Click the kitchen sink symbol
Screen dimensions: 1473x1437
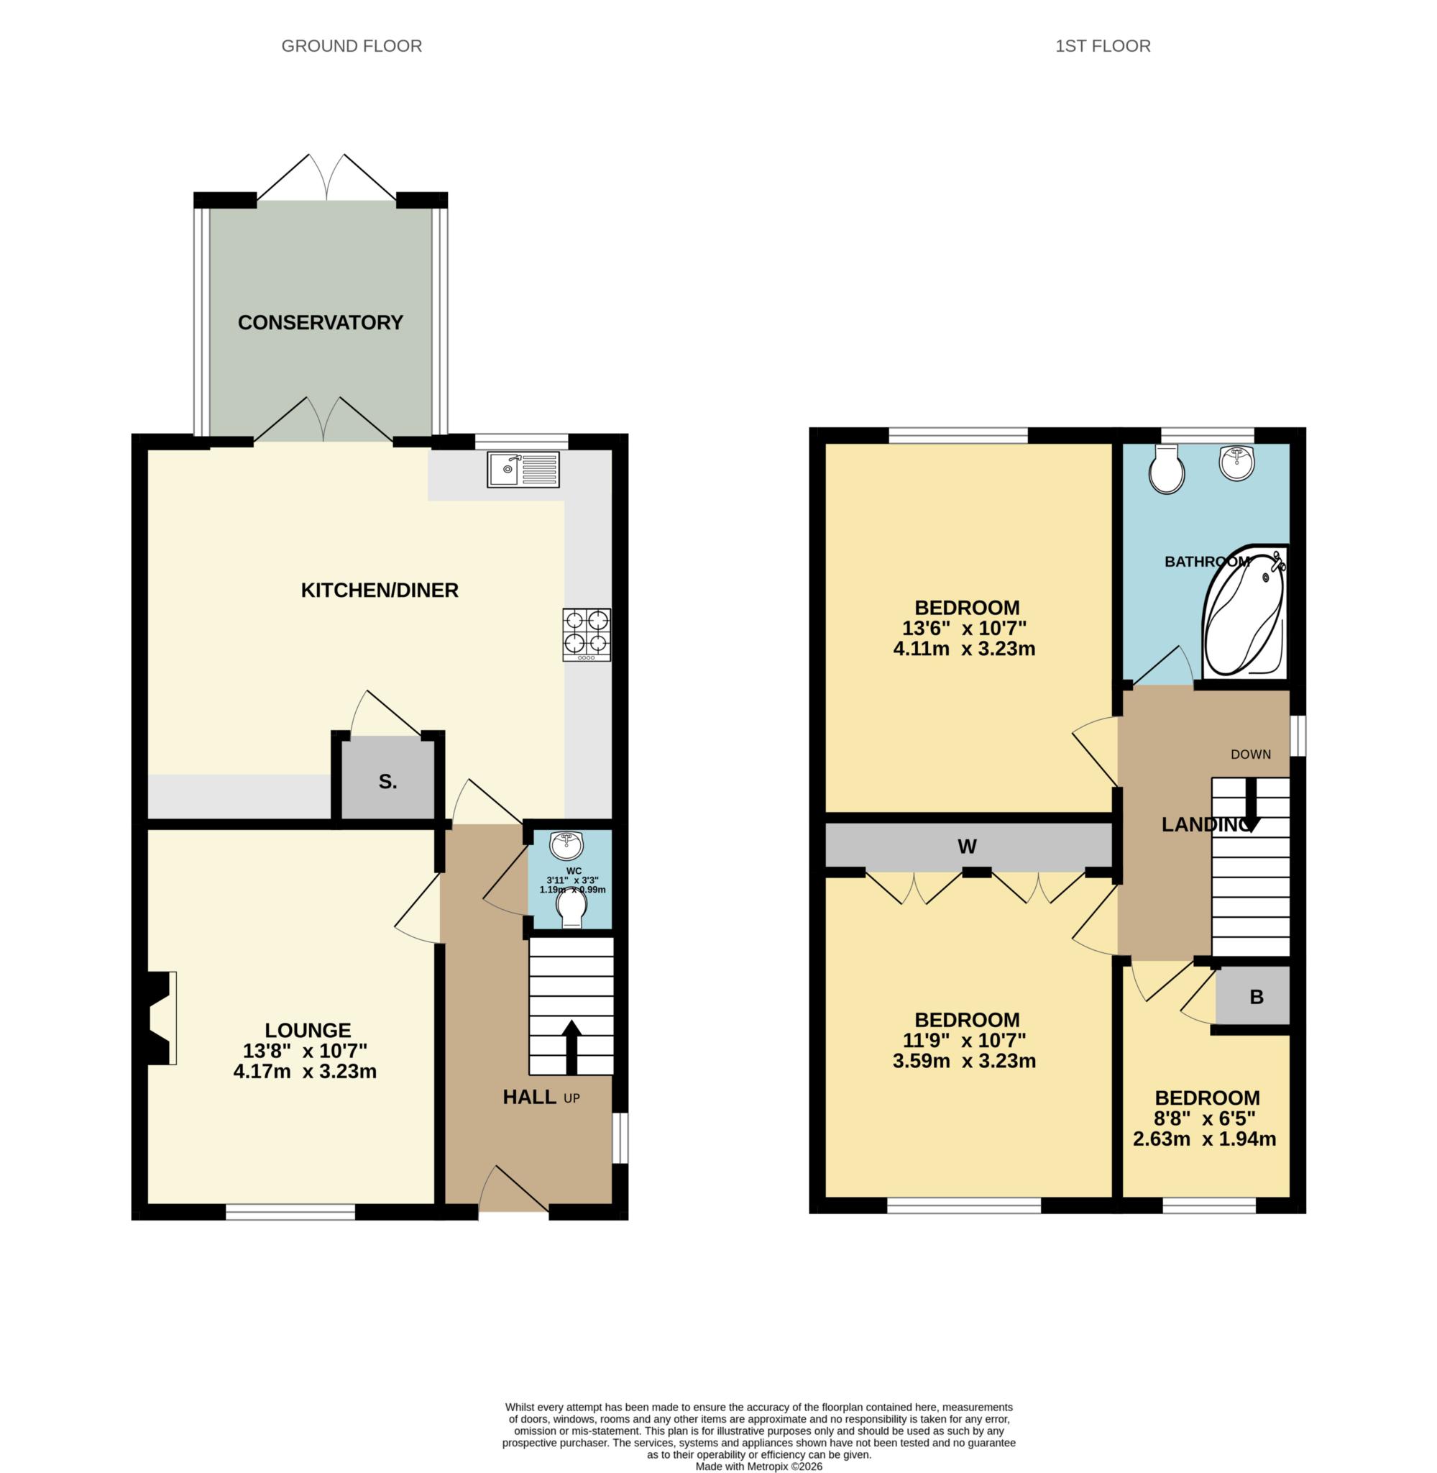pos(523,470)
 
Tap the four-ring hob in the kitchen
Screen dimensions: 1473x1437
pos(587,635)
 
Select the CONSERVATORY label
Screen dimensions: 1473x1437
pos(320,322)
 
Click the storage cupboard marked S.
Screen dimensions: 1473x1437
pos(388,781)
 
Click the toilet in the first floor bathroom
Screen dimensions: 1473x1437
pos(1166,469)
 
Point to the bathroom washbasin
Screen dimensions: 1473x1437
pos(1237,461)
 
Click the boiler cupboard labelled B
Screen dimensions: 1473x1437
pos(1256,997)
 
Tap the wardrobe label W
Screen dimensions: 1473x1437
pos(967,847)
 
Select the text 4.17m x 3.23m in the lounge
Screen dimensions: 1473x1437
pos(305,1071)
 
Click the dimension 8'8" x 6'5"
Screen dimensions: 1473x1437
pos(1206,1118)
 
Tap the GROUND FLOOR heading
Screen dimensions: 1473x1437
pos(351,46)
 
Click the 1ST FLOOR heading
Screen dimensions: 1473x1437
pos(1102,46)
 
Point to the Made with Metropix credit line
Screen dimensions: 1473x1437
pos(758,1466)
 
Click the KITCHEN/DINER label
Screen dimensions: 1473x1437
pos(380,590)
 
